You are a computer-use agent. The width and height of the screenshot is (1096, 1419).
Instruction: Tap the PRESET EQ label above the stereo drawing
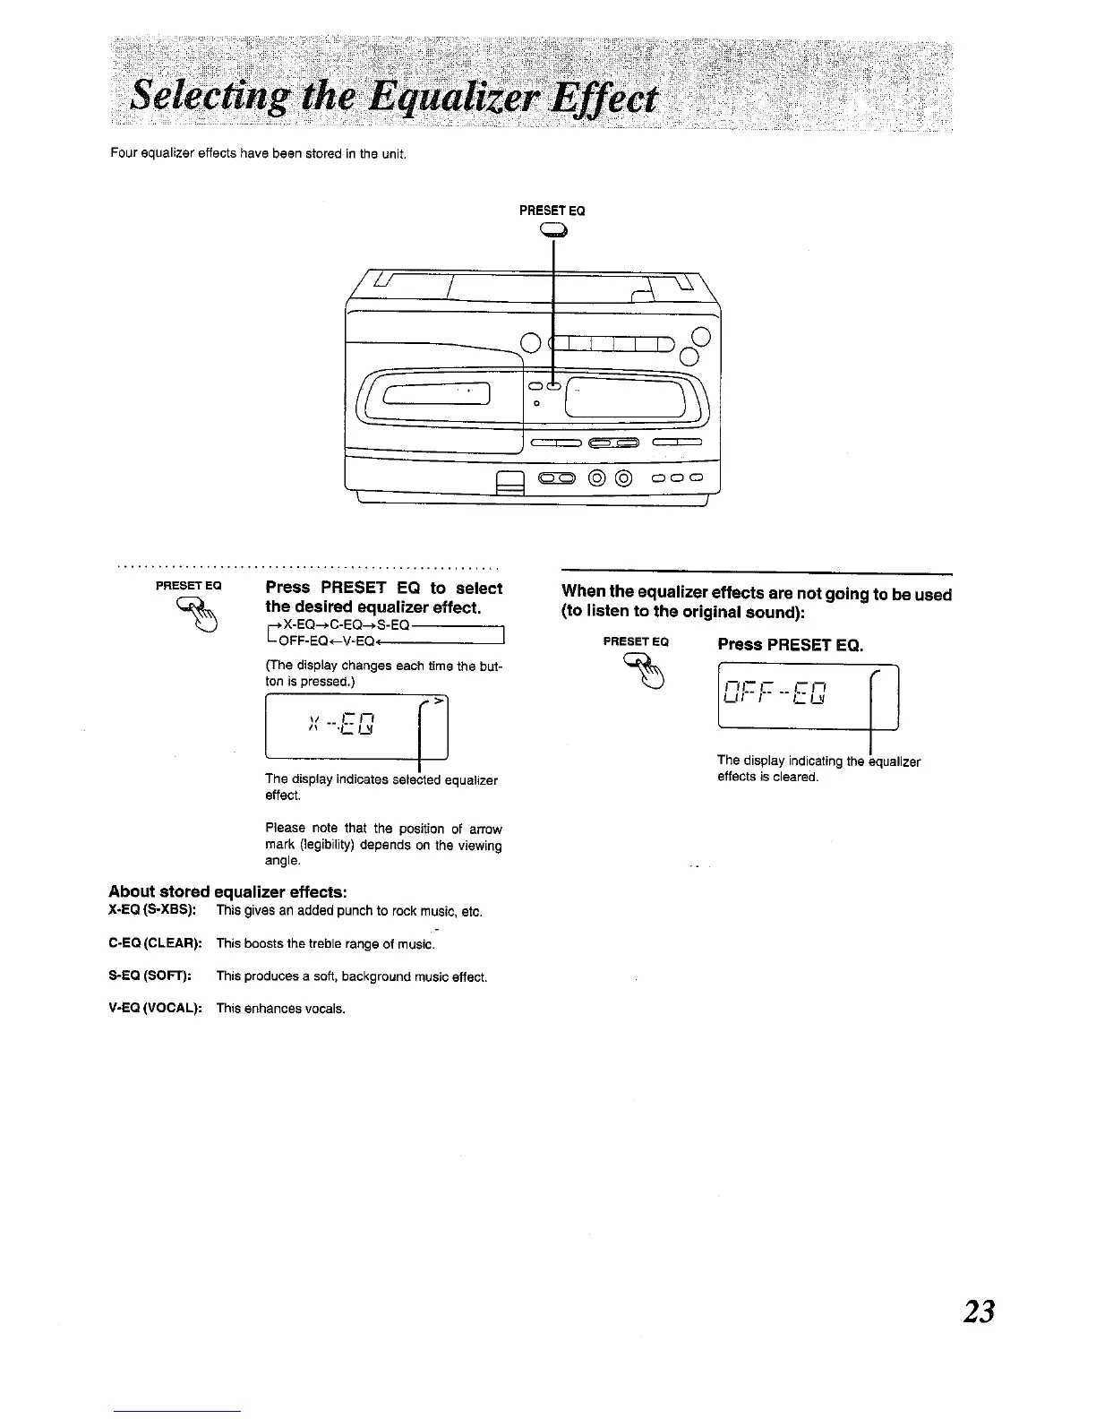[x=552, y=211]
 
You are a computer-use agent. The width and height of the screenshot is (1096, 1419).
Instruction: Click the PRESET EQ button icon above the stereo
[x=553, y=231]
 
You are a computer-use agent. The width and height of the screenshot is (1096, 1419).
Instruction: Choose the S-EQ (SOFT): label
[x=151, y=976]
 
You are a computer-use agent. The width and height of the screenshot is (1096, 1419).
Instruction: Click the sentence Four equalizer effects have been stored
[x=259, y=153]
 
